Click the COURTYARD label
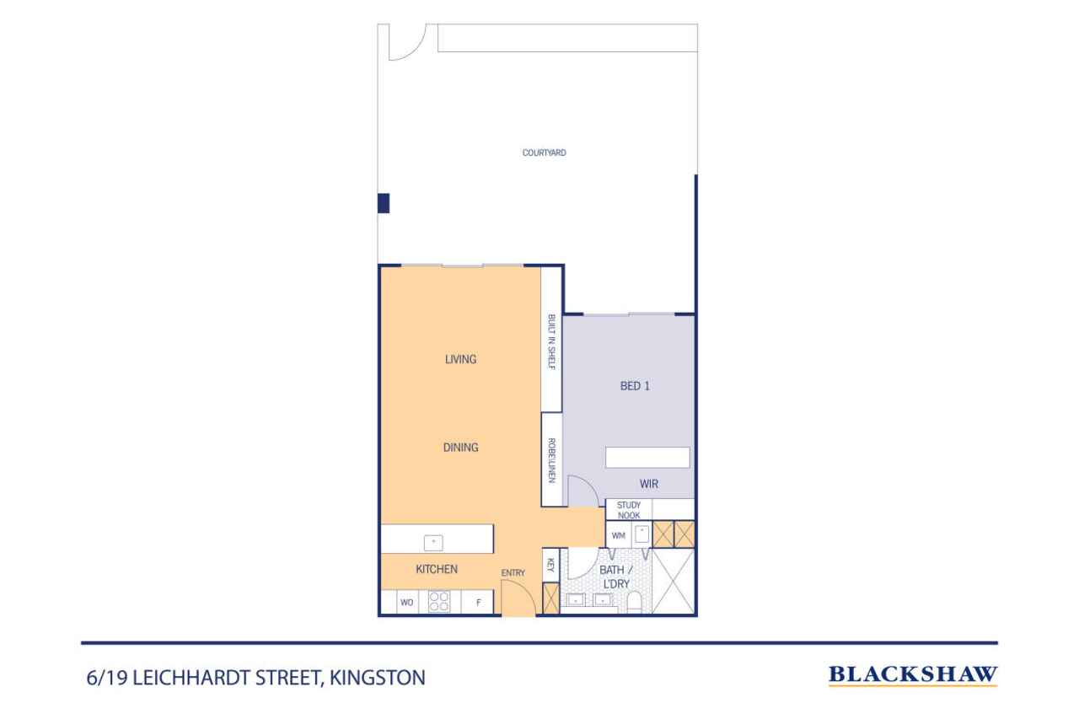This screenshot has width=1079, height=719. pos(544,153)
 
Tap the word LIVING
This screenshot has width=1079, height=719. pos(460,359)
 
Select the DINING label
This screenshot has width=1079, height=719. pos(460,448)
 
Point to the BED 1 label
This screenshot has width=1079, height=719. pos(635,386)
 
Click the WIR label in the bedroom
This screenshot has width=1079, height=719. pos(649,484)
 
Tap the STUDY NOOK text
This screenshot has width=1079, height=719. pos(629,510)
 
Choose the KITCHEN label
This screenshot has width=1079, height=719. pos(437,569)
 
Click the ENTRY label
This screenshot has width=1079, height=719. pos(513,572)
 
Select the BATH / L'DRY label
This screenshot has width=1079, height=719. pos(615,577)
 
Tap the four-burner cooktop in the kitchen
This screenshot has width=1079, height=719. pos(439,602)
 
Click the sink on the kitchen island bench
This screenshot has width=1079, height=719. pos(433,543)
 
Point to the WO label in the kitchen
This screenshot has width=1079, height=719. pos(406,603)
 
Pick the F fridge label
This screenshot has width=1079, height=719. pos(478,603)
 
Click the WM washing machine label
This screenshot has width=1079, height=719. pos(618,535)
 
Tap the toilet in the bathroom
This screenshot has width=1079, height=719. pos(634,603)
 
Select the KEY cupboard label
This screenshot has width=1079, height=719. pos(550,565)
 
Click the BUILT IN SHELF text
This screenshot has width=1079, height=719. pos(551,342)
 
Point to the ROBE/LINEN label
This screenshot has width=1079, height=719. pos(551,460)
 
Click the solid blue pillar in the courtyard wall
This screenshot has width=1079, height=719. pos(384,203)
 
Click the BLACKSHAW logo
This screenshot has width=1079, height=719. pos(912,675)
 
